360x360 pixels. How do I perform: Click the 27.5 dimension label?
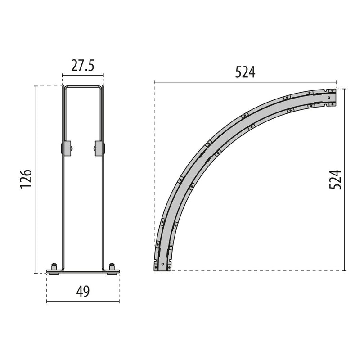point(83,65)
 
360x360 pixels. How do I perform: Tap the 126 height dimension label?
point(26,179)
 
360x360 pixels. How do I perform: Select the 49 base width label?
point(83,291)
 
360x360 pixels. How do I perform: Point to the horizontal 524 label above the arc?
point(245,72)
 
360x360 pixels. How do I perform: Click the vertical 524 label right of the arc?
point(335,180)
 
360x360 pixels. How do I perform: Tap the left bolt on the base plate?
point(54,267)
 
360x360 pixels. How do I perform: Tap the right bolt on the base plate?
point(112,267)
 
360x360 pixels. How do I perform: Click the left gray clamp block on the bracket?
point(66,148)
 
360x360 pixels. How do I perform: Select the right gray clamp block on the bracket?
point(99,148)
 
